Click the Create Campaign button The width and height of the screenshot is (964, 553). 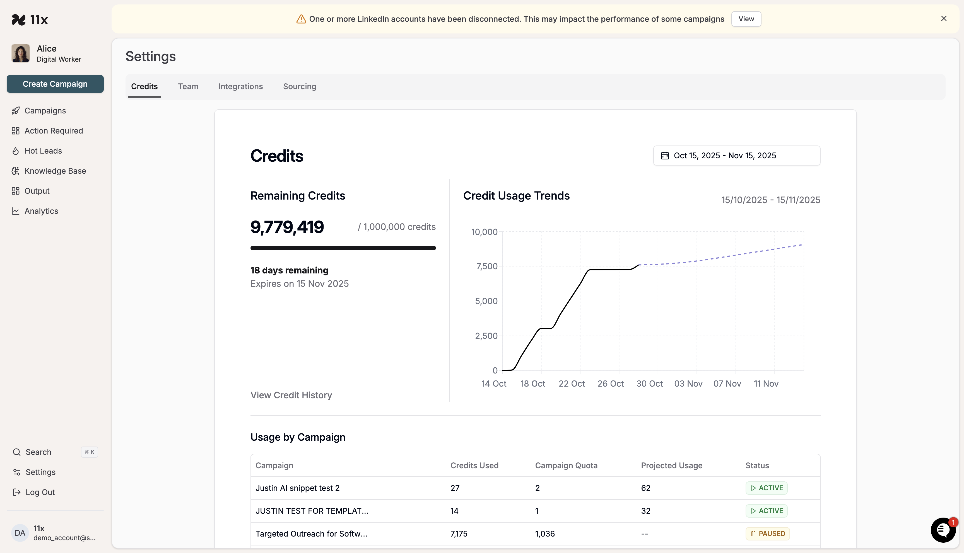pyautogui.click(x=55, y=84)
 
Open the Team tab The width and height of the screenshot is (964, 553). pyautogui.click(x=188, y=87)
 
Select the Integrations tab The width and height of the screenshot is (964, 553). pyautogui.click(x=240, y=87)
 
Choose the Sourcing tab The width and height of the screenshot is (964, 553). pyautogui.click(x=299, y=87)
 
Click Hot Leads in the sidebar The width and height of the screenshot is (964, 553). pyautogui.click(x=43, y=151)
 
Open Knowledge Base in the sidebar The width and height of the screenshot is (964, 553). pyautogui.click(x=55, y=171)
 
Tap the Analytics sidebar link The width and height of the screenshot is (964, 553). pyautogui.click(x=41, y=211)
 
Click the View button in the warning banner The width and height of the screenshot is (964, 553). pyautogui.click(x=746, y=19)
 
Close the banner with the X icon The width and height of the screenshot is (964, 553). pyautogui.click(x=943, y=19)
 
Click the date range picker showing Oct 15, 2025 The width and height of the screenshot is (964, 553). pyautogui.click(x=736, y=156)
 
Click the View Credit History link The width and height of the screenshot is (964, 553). pyautogui.click(x=291, y=396)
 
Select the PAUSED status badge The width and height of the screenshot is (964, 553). pyautogui.click(x=768, y=534)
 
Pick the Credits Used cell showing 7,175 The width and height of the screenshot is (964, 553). pyautogui.click(x=459, y=534)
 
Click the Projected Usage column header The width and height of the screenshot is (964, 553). pyautogui.click(x=671, y=466)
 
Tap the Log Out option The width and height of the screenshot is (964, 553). pyautogui.click(x=40, y=492)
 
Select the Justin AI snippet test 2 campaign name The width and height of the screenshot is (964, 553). pyautogui.click(x=297, y=488)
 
